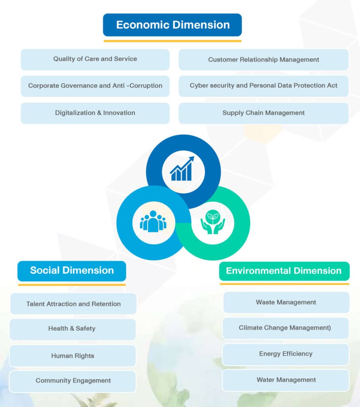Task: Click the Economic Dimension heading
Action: coord(172,25)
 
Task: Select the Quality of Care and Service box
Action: coord(95,59)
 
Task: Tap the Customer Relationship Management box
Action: coord(263,60)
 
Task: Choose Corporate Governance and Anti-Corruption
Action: coord(95,86)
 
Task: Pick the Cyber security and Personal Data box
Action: coord(263,86)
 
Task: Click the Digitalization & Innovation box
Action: coord(95,113)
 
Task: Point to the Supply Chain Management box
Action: coord(263,113)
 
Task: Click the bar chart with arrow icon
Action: coord(182,169)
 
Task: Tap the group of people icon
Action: coord(153,222)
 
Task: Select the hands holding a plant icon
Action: coord(213,222)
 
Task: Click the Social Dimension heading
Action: coord(72,271)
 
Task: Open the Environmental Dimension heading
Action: coord(284,271)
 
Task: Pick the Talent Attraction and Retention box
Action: coord(74,304)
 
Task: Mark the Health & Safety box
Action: coord(72,329)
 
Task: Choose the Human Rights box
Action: coord(73,356)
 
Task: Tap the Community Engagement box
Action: coord(73,381)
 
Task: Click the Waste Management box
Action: coord(286,302)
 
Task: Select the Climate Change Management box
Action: coord(285,328)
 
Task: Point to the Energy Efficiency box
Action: coord(286,354)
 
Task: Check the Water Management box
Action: coord(286,380)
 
